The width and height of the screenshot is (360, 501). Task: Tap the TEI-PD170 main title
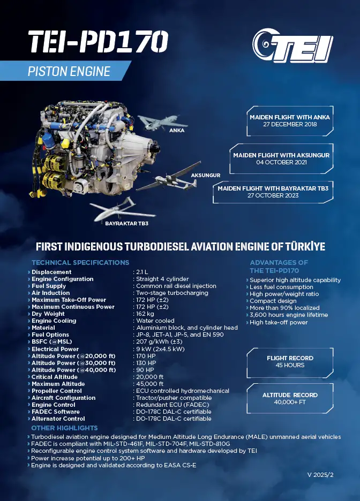[98, 42]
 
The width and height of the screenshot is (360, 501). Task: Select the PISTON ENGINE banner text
[69, 71]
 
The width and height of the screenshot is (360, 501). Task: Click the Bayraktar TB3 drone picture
[122, 209]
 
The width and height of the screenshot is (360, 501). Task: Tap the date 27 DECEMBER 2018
[290, 124]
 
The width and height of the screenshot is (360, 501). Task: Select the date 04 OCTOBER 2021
[281, 162]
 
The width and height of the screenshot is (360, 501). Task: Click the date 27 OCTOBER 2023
[273, 195]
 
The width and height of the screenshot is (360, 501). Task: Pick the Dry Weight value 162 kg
[145, 314]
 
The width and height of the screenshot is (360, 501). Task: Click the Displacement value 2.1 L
[142, 272]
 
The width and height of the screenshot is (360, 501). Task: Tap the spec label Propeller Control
[57, 391]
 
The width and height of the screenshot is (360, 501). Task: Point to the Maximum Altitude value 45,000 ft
[149, 384]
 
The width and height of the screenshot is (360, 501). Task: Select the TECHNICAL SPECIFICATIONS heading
[80, 263]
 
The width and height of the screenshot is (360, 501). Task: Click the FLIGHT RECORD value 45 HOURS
[290, 365]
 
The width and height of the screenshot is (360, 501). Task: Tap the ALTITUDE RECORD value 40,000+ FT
[290, 402]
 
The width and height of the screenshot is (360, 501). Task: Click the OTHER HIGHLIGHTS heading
[64, 428]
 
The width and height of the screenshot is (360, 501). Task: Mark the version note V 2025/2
[320, 475]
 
